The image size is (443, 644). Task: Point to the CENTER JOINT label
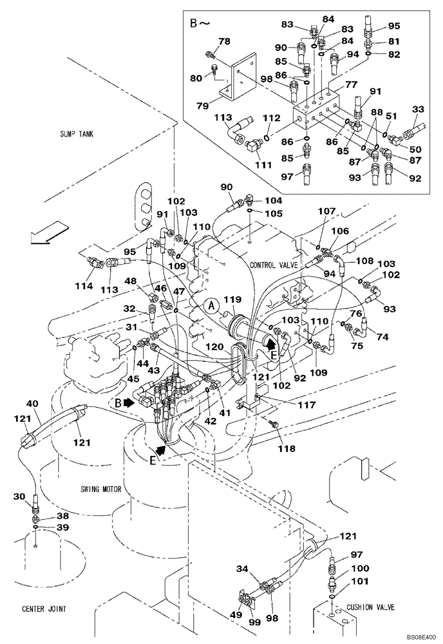[x=43, y=609]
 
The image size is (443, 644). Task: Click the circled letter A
[x=211, y=306]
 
